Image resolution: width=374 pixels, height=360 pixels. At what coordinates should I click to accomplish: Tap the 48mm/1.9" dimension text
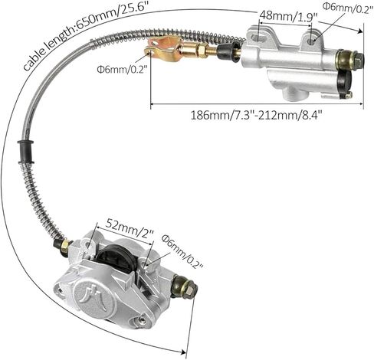[288, 16]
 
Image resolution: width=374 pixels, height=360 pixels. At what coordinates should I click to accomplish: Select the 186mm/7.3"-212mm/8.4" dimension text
[256, 115]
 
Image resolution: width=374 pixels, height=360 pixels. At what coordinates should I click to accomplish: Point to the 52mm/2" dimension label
[130, 229]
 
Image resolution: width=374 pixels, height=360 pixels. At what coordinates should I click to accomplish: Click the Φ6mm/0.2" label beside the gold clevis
[123, 69]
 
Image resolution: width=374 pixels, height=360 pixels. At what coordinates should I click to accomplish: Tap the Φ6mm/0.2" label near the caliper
[182, 252]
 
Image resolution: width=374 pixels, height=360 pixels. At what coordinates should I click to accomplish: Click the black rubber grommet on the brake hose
[26, 152]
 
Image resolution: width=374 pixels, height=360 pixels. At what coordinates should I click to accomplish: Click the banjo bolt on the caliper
[185, 288]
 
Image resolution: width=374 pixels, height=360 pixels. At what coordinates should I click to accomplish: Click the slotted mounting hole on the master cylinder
[259, 38]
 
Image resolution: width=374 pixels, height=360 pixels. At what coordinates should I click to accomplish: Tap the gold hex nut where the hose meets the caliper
[65, 246]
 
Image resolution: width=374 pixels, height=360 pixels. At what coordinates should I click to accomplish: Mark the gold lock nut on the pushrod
[201, 51]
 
